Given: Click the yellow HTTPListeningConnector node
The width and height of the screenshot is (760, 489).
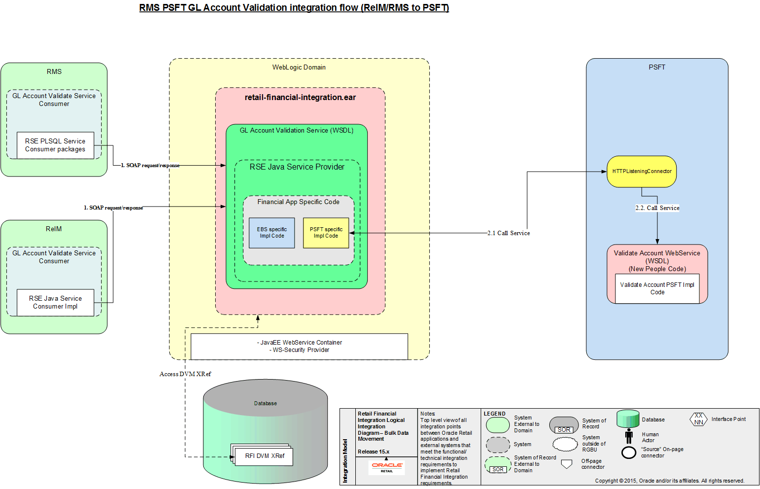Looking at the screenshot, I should point(641,172).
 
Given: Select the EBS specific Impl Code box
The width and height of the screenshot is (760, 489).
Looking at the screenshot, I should point(271,233).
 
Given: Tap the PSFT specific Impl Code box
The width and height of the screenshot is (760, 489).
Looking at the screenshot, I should point(326,233).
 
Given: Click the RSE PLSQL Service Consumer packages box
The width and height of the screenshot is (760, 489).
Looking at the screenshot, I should point(55,145).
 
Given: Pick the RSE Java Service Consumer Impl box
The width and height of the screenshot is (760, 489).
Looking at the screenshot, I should point(55,302).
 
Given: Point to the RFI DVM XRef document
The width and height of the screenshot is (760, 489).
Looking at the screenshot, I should point(265,456).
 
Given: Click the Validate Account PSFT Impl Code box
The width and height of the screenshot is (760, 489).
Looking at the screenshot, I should point(657,288).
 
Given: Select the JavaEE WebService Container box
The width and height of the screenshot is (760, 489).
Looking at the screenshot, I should point(299,346).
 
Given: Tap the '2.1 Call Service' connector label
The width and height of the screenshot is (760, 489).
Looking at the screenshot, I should point(508,233).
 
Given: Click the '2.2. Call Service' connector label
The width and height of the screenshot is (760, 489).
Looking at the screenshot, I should point(657,208).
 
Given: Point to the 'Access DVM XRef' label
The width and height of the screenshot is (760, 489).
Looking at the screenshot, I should point(185,374).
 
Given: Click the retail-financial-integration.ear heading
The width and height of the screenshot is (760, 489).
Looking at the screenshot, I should point(300,98).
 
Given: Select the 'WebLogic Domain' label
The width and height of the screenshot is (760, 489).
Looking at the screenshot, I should point(299,68).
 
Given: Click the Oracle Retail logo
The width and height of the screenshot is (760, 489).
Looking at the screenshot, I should point(387,466).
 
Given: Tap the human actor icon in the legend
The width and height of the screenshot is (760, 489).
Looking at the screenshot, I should point(629,436).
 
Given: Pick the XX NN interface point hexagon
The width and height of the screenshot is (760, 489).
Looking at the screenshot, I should point(698,419).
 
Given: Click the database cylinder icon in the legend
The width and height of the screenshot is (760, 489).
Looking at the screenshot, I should point(628,419).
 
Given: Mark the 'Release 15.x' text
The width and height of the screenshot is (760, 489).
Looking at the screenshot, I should point(373,452).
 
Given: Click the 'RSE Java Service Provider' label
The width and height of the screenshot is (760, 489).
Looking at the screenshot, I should point(297,167).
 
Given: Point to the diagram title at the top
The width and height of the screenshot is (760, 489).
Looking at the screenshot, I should point(294,8).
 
